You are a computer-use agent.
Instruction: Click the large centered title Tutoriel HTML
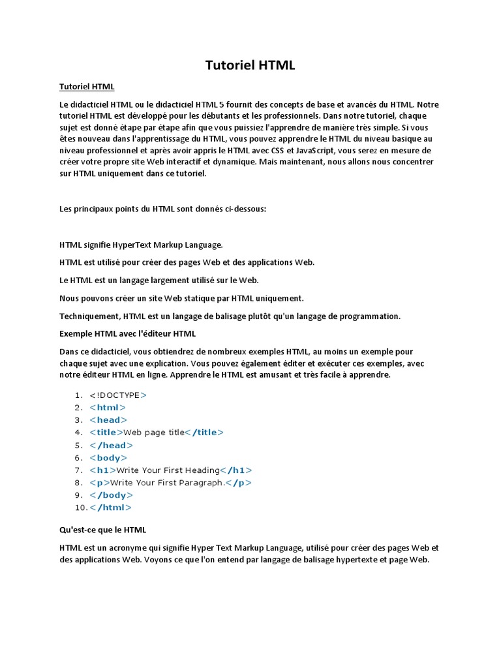coord(250,65)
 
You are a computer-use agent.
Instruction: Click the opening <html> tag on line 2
coord(108,408)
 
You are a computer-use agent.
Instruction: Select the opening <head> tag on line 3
coord(108,420)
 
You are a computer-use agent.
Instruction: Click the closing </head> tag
coord(111,446)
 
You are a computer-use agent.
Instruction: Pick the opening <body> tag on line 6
coord(108,458)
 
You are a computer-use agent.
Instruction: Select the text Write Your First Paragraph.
coord(168,483)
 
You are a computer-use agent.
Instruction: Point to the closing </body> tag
coord(111,495)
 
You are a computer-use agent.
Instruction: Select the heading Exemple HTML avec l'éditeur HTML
coord(127,334)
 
